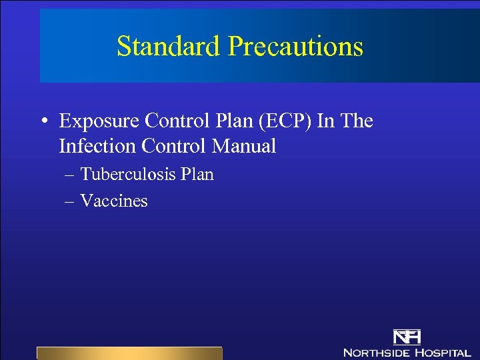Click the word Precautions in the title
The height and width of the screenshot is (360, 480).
point(295,47)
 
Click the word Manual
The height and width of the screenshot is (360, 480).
point(247,146)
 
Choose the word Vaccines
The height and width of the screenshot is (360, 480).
point(113,201)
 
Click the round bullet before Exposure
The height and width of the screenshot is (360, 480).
point(43,122)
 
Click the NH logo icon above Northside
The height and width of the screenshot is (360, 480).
point(407,336)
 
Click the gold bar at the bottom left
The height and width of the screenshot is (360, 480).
point(129,353)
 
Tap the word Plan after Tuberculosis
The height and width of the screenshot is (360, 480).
point(197,175)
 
